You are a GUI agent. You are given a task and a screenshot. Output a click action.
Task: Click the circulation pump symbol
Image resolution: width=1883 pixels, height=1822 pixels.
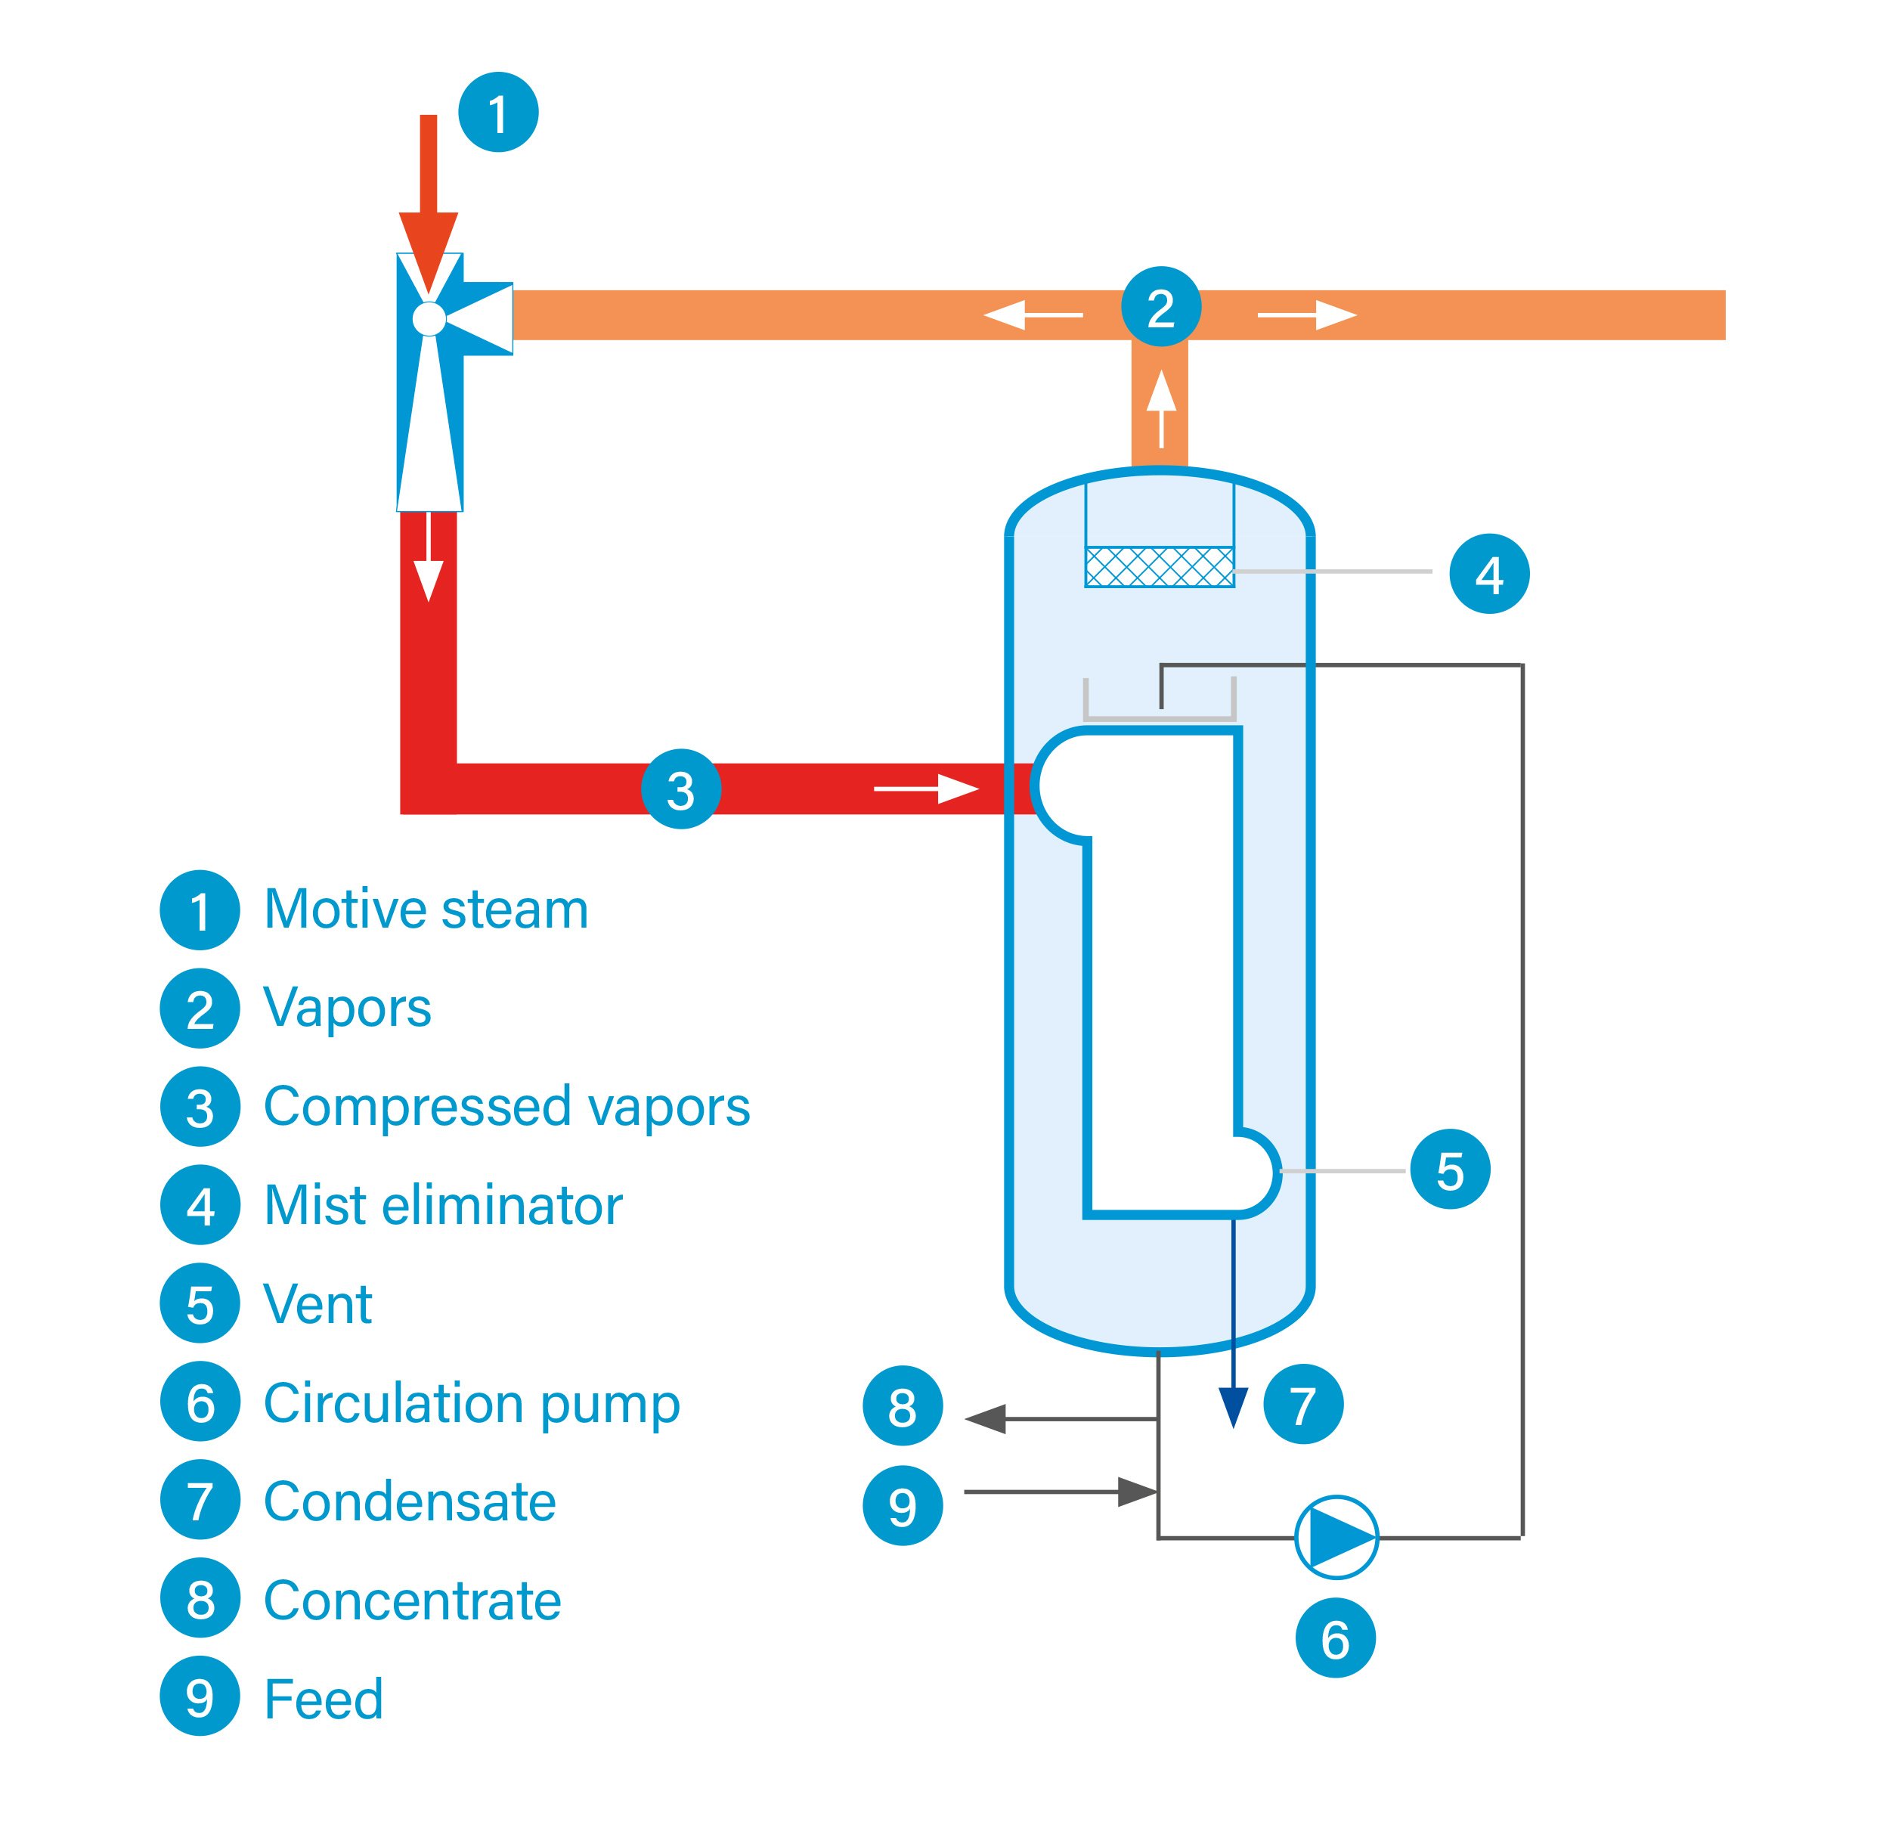[x=1336, y=1538]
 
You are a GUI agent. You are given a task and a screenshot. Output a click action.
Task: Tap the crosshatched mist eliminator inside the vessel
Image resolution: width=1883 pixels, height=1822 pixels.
[x=1160, y=567]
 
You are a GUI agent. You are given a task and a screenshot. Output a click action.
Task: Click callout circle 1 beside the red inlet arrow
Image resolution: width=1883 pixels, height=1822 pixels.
[x=497, y=113]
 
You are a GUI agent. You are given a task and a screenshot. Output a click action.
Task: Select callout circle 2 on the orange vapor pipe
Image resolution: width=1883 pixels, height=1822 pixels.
[x=1160, y=306]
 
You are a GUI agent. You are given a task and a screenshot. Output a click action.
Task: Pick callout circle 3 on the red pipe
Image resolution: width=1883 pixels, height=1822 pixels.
[x=680, y=789]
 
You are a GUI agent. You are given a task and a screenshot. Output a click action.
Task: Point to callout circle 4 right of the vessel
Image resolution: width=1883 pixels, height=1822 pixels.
[x=1489, y=574]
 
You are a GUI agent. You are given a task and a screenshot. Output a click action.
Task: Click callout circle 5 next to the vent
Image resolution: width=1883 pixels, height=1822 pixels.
[x=1450, y=1170]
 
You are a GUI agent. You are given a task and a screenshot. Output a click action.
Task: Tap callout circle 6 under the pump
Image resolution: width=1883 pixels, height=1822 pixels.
[x=1336, y=1638]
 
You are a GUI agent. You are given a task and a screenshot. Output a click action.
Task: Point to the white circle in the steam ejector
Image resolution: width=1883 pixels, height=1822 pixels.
[x=429, y=319]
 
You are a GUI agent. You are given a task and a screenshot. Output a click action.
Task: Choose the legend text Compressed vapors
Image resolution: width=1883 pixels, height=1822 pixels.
[x=506, y=1106]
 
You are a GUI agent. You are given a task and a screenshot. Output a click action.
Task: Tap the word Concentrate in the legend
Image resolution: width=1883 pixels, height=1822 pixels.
[x=412, y=1600]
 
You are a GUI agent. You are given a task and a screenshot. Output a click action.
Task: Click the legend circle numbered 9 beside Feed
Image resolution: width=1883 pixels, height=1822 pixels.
[x=200, y=1698]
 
